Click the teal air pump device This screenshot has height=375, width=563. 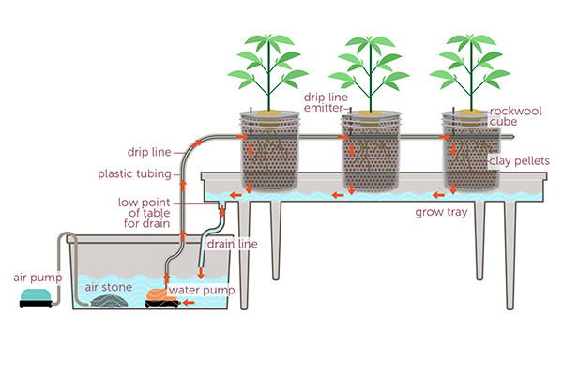tap(36, 300)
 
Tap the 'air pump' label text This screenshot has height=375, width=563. tap(38, 277)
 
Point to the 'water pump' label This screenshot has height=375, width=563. tap(205, 289)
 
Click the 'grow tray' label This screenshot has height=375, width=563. tap(437, 212)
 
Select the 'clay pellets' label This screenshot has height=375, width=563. tap(515, 160)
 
